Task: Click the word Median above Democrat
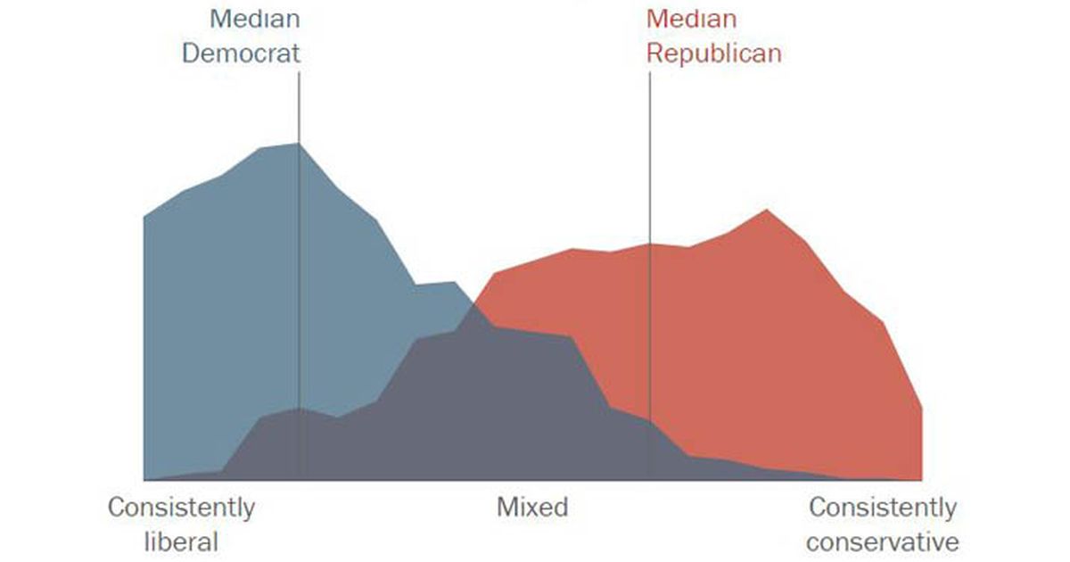point(255,19)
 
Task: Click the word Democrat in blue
point(241,53)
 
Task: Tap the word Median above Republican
point(691,19)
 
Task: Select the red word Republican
point(713,53)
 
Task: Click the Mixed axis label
point(532,508)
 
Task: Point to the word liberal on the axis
point(181,541)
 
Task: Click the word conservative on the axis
point(883,541)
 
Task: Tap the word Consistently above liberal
point(181,508)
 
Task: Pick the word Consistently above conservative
point(883,508)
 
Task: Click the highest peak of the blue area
point(298,144)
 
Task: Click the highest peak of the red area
point(766,211)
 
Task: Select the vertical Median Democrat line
point(299,268)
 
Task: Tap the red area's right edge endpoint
point(921,409)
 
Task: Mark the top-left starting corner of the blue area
point(144,217)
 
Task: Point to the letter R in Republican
point(654,53)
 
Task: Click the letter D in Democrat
point(191,53)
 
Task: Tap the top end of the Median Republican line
point(650,74)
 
